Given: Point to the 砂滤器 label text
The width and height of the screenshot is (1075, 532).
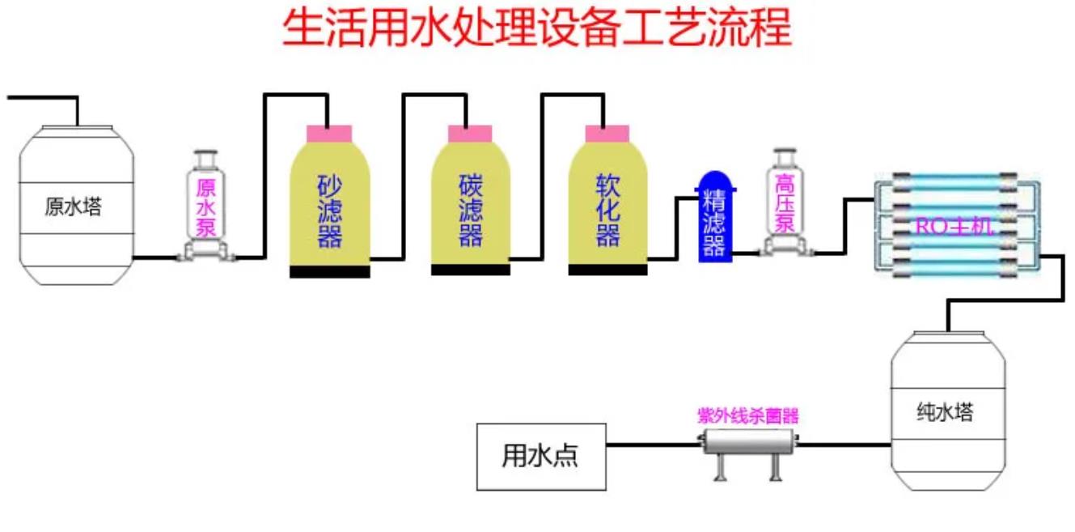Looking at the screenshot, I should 329,211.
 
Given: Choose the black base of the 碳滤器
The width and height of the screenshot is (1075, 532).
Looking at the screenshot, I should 470,270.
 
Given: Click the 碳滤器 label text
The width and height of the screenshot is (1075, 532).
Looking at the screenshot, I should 470,211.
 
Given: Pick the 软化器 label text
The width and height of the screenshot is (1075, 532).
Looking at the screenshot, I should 607,211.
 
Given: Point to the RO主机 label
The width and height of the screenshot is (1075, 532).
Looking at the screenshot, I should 954,227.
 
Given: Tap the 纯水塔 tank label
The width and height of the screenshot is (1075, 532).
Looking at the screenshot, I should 945,413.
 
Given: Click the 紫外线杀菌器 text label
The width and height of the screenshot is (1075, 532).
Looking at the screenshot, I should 748,416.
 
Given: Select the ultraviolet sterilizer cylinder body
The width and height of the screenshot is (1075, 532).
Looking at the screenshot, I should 748,443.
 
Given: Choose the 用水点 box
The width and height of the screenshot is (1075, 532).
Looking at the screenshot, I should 540,457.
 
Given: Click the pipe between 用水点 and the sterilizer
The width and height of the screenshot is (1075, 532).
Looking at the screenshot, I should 651,444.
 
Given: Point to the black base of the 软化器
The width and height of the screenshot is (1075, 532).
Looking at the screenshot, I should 607,270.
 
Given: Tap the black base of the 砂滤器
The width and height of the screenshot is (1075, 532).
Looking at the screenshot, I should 329,272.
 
